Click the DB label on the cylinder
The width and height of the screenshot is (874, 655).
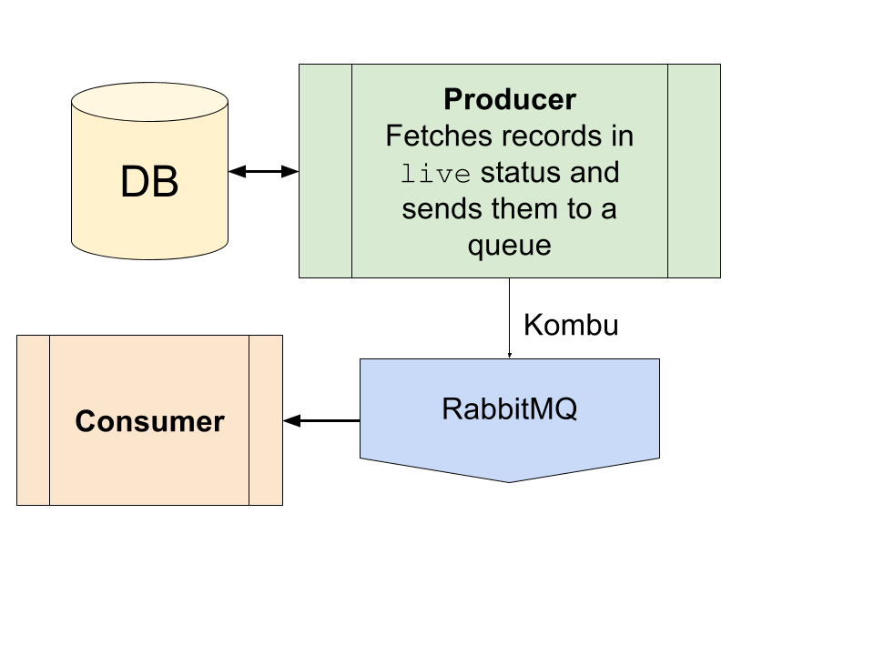tap(149, 182)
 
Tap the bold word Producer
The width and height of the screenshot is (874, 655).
tap(510, 100)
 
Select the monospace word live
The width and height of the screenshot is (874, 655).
tap(435, 173)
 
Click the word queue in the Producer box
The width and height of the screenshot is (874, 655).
tap(510, 247)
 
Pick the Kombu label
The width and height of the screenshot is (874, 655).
tap(571, 325)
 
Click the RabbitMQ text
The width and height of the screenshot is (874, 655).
tap(510, 409)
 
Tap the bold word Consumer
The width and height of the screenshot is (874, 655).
tap(149, 421)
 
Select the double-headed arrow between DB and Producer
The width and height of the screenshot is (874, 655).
tap(264, 172)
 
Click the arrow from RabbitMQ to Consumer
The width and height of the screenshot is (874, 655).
tap(321, 420)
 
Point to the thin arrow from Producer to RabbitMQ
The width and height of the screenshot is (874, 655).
tap(510, 318)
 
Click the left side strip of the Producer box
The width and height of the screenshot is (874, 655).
tap(326, 171)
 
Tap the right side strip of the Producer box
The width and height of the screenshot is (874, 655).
tap(694, 171)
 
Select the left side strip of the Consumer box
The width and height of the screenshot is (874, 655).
tap(34, 420)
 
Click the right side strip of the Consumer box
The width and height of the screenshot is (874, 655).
tap(266, 420)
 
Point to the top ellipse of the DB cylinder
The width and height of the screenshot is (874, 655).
tap(149, 102)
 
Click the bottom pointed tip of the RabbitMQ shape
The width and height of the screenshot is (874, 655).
tap(510, 482)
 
